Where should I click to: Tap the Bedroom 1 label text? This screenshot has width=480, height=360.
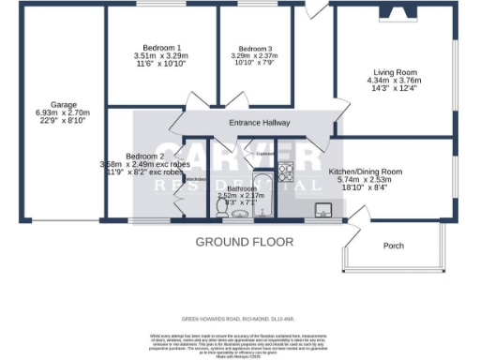coord(162,48)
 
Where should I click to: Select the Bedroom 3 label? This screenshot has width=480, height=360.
coord(255,49)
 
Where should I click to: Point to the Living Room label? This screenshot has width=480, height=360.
coord(394,72)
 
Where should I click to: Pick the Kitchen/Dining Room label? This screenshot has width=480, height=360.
coord(365,172)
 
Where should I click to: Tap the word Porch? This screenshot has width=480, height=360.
coord(394,247)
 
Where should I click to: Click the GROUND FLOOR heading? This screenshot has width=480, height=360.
coord(239,242)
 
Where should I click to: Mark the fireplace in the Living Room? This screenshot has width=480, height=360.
coord(393,12)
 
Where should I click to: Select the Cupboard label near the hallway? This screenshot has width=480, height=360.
coord(264,153)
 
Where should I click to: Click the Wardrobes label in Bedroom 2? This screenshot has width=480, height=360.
coord(195,177)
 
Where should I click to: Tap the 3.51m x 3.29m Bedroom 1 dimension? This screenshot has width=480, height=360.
coord(162,56)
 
